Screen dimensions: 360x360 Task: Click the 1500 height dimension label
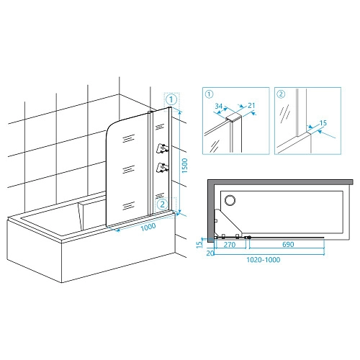pyautogui.click(x=184, y=166)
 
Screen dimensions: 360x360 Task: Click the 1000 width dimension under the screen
pyautogui.click(x=148, y=227)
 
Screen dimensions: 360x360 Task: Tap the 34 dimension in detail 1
pyautogui.click(x=219, y=106)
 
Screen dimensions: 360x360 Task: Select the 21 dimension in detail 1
pyautogui.click(x=251, y=105)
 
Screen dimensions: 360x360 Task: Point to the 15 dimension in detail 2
pyautogui.click(x=323, y=123)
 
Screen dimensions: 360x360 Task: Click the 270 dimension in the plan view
pyautogui.click(x=230, y=245)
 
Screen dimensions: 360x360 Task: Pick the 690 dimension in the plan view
pyautogui.click(x=288, y=244)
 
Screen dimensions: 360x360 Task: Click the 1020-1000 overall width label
pyautogui.click(x=264, y=260)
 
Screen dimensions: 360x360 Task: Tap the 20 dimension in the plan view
pyautogui.click(x=210, y=253)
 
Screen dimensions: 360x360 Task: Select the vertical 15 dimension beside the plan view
pyautogui.click(x=199, y=244)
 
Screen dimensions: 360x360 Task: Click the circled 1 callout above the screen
pyautogui.click(x=171, y=99)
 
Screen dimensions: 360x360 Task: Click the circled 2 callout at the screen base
pyautogui.click(x=163, y=204)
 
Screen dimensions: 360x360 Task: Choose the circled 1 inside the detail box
pyautogui.click(x=210, y=94)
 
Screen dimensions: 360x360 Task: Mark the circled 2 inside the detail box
pyautogui.click(x=281, y=94)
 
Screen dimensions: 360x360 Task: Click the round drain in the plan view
pyautogui.click(x=230, y=200)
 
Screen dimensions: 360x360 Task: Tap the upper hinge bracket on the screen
pyautogui.click(x=163, y=148)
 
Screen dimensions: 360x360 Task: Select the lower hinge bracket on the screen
pyautogui.click(x=163, y=168)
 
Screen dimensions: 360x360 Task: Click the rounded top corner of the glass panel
pyautogui.click(x=111, y=127)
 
